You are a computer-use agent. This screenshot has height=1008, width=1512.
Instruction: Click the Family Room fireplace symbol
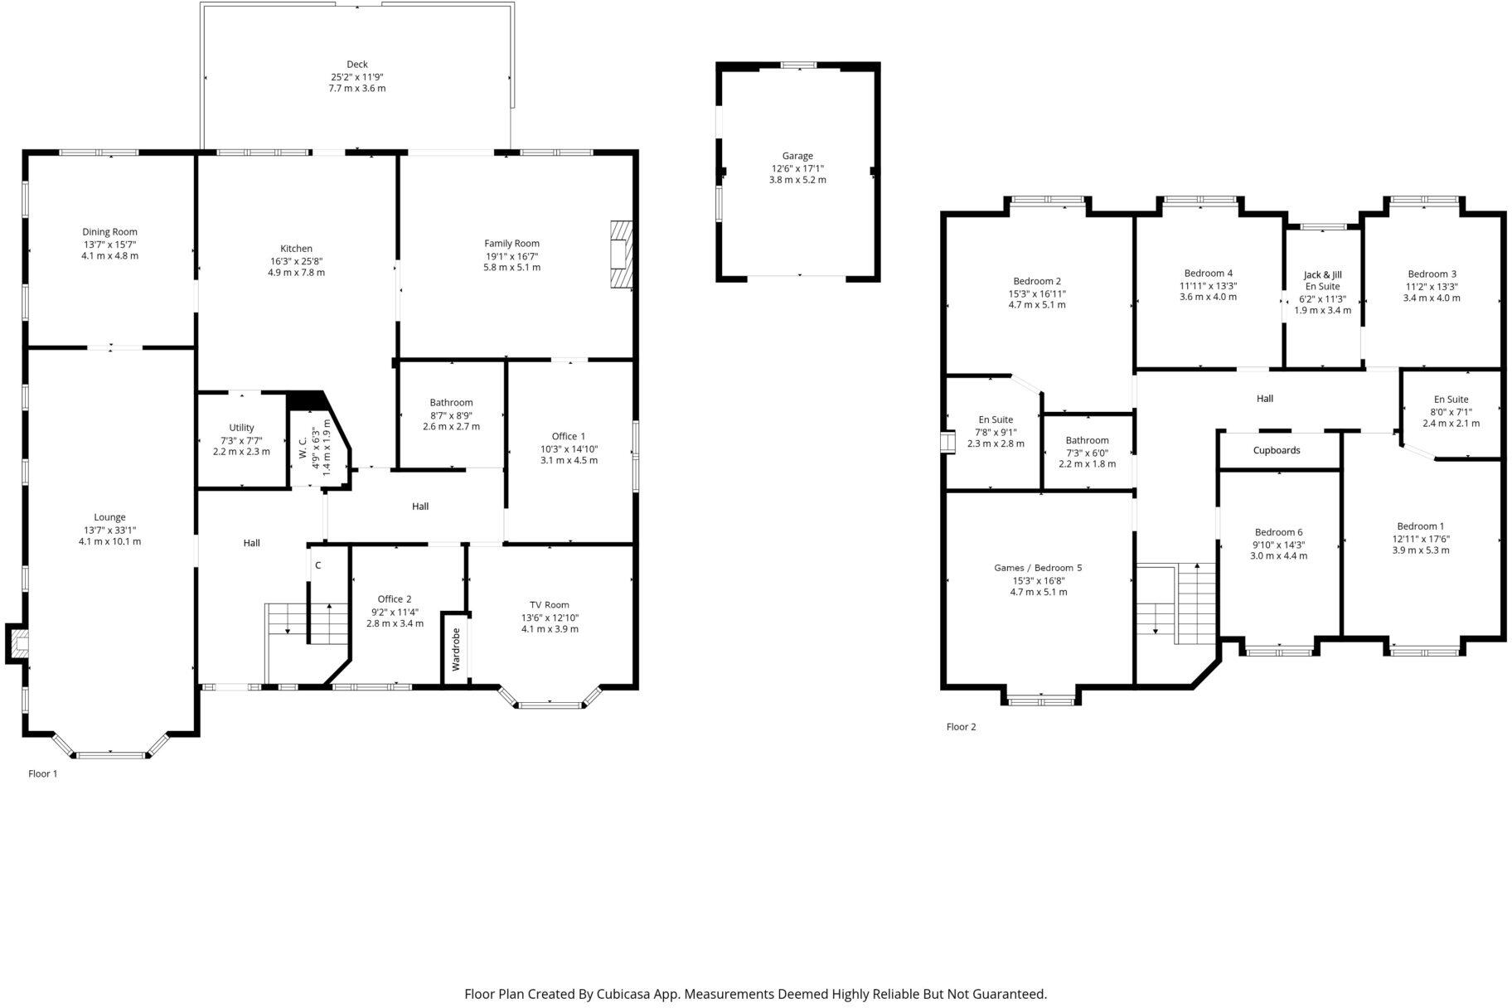(621, 254)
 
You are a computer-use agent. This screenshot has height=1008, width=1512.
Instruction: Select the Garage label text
(797, 156)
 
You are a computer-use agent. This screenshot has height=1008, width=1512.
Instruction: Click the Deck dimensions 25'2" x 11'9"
(356, 76)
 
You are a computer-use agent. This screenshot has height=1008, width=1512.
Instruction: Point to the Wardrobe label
(455, 649)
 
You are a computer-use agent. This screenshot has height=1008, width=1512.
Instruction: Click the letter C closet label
(317, 565)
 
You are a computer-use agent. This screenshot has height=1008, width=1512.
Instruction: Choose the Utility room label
(241, 428)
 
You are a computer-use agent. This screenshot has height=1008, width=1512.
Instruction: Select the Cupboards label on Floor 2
(1277, 451)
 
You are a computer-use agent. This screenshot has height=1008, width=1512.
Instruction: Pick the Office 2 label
(395, 599)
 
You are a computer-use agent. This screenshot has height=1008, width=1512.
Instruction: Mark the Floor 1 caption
(43, 773)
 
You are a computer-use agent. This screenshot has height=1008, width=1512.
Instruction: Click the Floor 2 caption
(961, 727)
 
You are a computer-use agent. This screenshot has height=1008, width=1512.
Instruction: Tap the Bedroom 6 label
(1278, 532)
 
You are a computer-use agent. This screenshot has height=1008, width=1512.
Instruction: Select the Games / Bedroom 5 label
(1038, 568)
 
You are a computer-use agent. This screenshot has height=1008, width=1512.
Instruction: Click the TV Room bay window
(550, 705)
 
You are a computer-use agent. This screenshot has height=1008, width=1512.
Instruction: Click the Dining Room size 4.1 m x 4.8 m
(109, 256)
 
